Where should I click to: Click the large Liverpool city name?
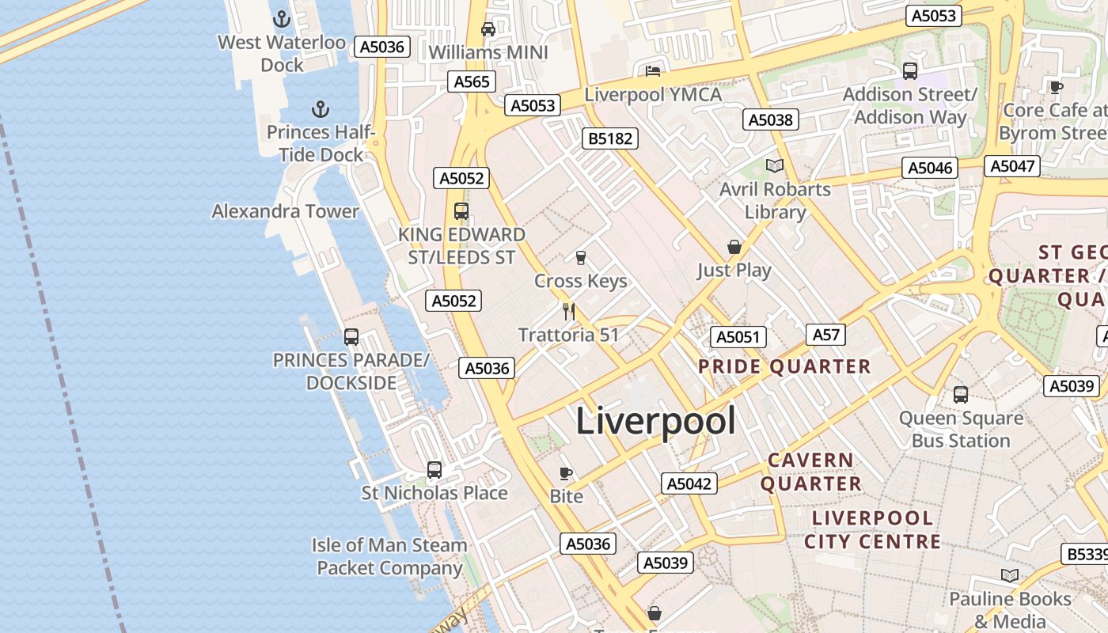[655, 421]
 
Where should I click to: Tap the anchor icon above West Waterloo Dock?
[282, 19]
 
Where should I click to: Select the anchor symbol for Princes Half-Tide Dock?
[321, 109]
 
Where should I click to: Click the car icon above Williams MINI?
[488, 29]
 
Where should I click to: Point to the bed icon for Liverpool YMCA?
[653, 72]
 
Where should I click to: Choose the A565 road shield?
[473, 81]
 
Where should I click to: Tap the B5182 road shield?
[609, 138]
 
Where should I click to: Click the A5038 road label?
[771, 119]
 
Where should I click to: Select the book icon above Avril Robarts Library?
[775, 166]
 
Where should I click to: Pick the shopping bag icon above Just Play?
[734, 247]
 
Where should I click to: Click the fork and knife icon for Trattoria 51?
[568, 311]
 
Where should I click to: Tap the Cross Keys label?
[581, 281]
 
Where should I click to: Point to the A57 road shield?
[825, 335]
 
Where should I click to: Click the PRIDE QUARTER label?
[784, 366]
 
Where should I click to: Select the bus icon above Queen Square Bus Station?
[961, 394]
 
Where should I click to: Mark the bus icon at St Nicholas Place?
[434, 470]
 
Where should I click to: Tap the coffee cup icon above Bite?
[566, 473]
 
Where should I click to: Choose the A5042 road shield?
[689, 483]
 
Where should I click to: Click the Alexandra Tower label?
[285, 211]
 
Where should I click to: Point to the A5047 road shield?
[1012, 165]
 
